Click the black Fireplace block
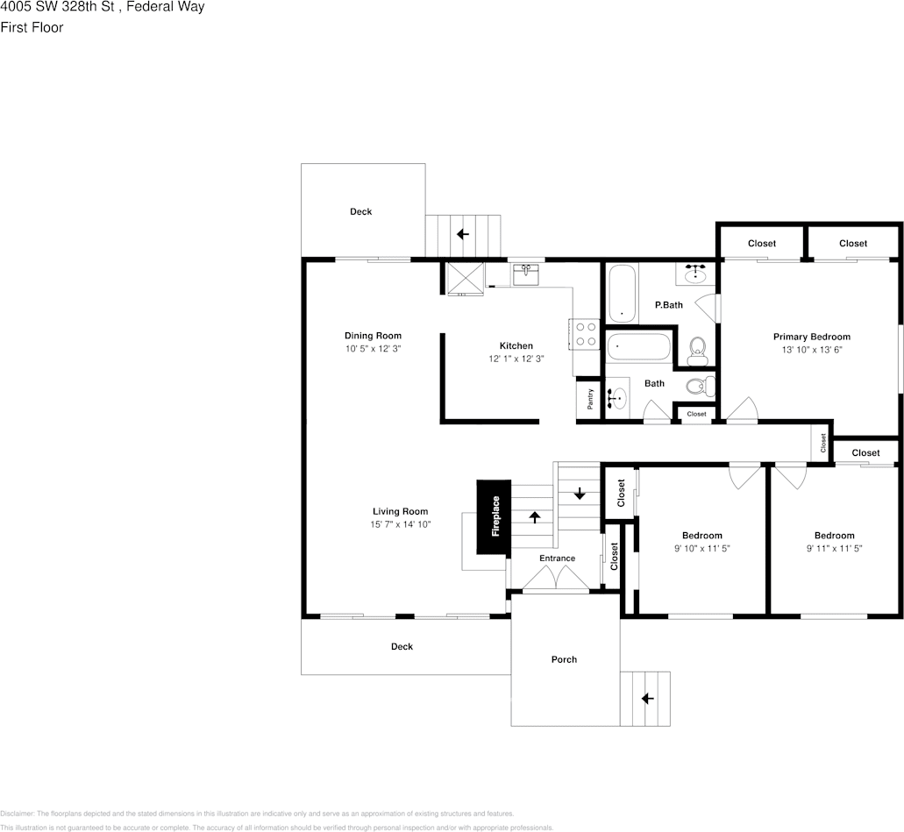[494, 516]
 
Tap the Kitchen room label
[516, 345]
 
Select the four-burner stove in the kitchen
[585, 334]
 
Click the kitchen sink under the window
[526, 275]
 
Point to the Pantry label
[590, 399]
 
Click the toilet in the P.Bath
[697, 350]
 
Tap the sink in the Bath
[618, 398]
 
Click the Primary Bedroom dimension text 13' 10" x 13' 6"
[811, 349]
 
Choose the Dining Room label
[373, 336]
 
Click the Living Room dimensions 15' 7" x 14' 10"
[400, 524]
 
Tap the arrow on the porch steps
[647, 699]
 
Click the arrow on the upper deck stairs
[462, 234]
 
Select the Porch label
[564, 659]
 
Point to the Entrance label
[557, 558]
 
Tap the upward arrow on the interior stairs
[534, 516]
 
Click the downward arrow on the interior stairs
[579, 493]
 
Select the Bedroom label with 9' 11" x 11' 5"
[833, 536]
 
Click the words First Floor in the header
[32, 27]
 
